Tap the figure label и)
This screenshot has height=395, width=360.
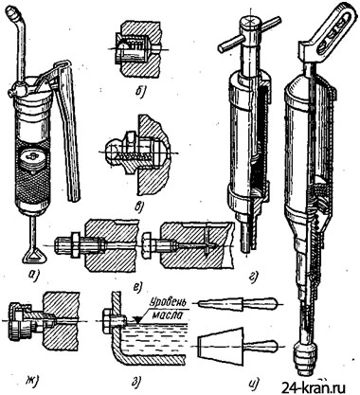tap(254, 383)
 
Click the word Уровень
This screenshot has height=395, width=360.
tap(166, 302)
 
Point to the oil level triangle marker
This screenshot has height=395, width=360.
tap(137, 320)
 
